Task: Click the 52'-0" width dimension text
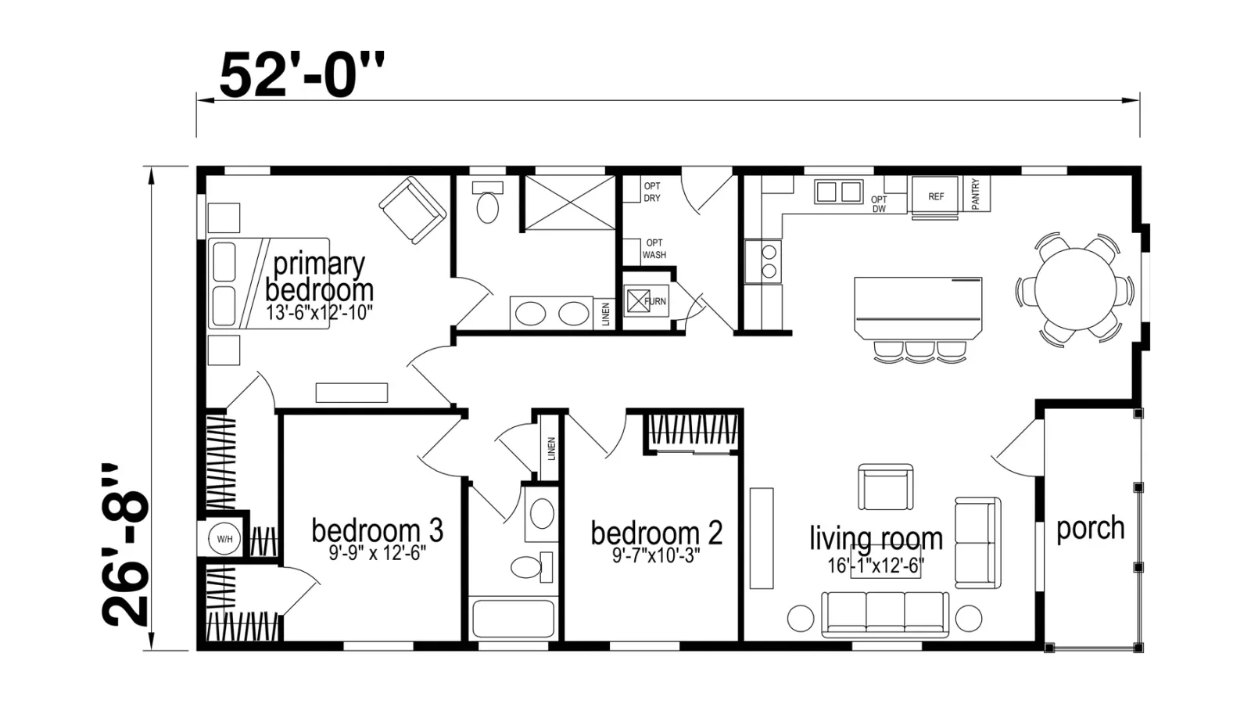coord(302,75)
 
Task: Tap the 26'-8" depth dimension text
coord(126,544)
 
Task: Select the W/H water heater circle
coord(224,539)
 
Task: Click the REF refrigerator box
coord(936,196)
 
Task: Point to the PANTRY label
coord(976,194)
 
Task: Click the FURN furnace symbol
coord(646,301)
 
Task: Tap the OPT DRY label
coord(652,192)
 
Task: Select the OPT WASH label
coord(654,250)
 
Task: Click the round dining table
coord(1076,289)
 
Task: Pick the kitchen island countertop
coord(918,308)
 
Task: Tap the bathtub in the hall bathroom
coord(513,617)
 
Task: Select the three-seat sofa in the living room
coord(885,615)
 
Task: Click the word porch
coord(1090,529)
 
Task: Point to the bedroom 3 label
coord(378,530)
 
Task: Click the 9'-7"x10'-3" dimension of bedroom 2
coord(656,555)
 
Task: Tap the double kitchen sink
coord(838,192)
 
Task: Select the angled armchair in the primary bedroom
coord(413,210)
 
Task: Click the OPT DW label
coord(879,204)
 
